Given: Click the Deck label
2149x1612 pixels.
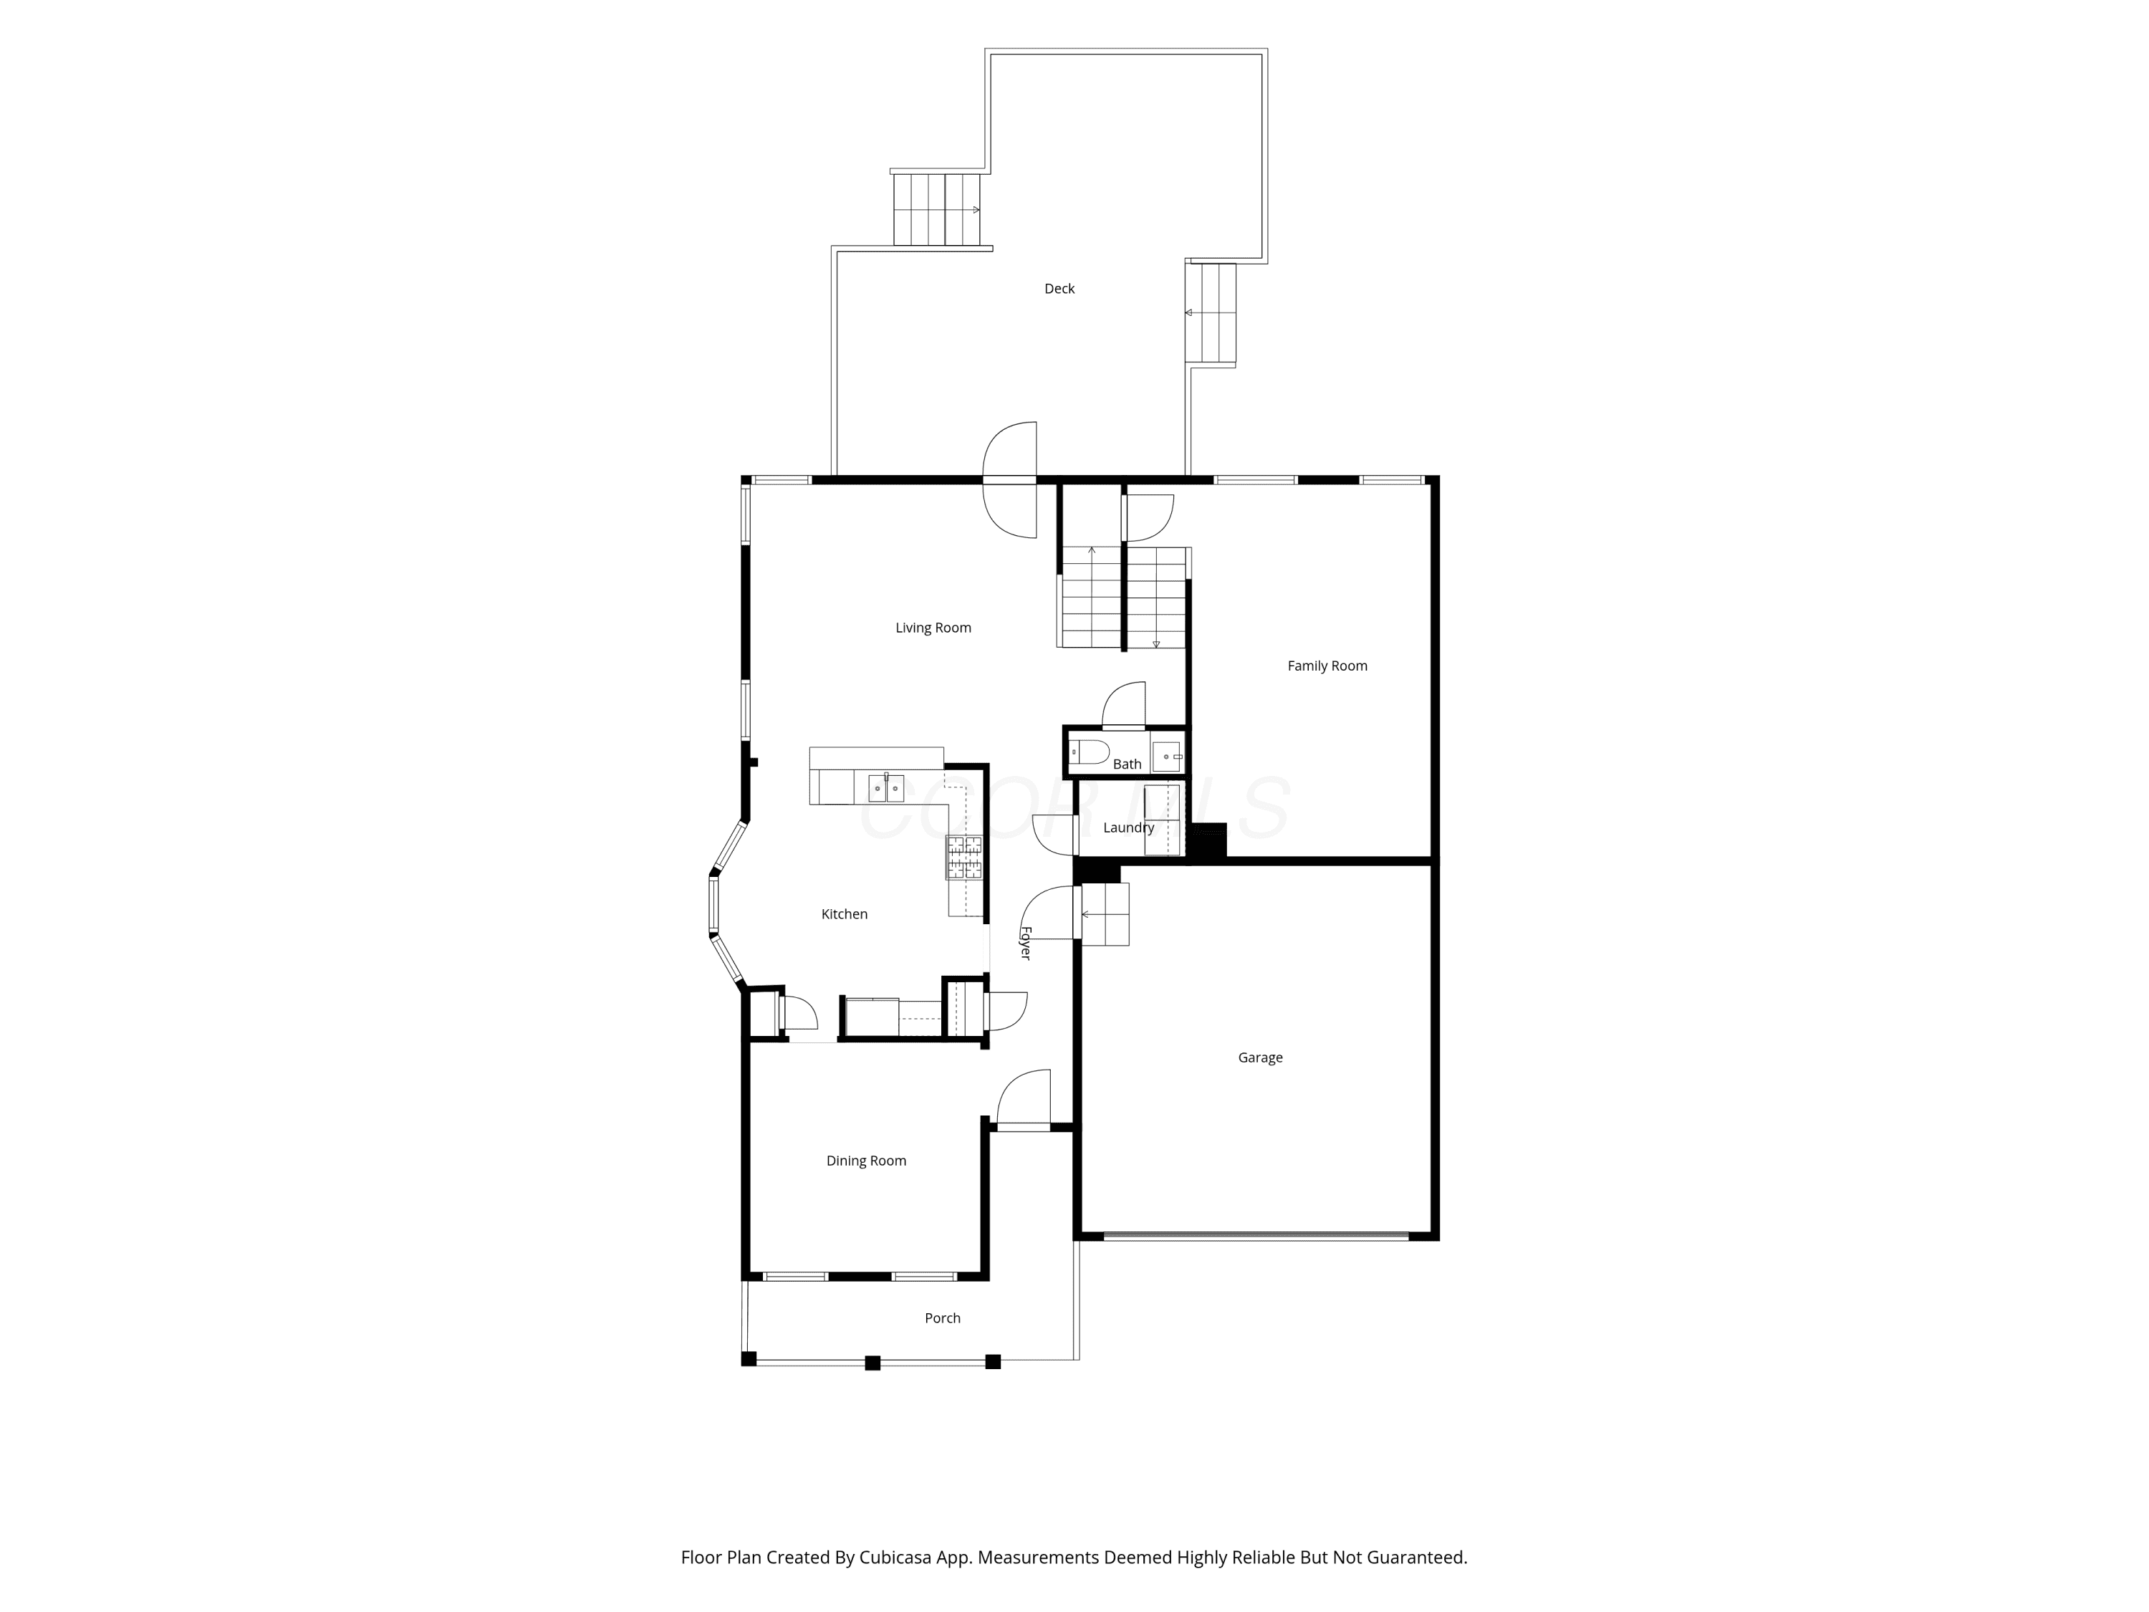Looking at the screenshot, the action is (x=1059, y=289).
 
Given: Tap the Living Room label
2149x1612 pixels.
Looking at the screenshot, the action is (x=933, y=628).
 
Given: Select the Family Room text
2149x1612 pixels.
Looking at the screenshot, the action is (x=1327, y=666).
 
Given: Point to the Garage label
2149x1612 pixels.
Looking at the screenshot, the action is (x=1260, y=1057).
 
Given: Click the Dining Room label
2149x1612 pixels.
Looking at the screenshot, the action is (x=865, y=1160).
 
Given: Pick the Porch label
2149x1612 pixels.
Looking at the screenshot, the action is (x=943, y=1318).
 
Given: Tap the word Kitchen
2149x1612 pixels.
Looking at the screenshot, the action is (x=845, y=913).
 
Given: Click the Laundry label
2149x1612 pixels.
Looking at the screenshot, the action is (x=1128, y=827).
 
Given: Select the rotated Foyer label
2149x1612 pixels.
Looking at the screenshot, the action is (x=1025, y=943).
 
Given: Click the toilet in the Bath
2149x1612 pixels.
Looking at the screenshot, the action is (x=1089, y=751).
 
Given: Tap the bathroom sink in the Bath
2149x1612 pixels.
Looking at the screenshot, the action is (x=1167, y=755).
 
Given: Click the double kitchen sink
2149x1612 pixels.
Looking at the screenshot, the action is (x=885, y=787).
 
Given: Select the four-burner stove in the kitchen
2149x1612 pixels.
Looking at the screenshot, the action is (x=963, y=857).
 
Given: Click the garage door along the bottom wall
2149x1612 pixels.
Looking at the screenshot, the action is (x=1255, y=1236).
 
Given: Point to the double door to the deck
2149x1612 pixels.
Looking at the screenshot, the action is (x=1009, y=480).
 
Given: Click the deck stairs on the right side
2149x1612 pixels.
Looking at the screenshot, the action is (x=1211, y=313).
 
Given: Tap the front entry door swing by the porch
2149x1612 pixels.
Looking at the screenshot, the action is (x=1023, y=1099).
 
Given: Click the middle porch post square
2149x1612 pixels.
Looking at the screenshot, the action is (x=872, y=1362).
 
